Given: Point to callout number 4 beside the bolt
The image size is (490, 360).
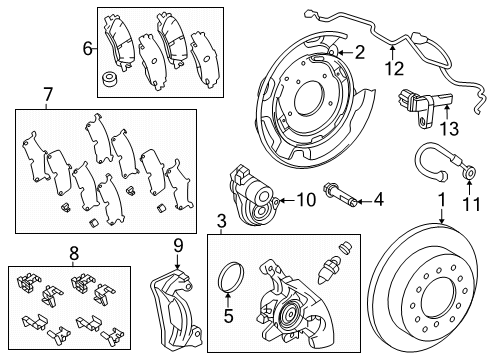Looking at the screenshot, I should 378,201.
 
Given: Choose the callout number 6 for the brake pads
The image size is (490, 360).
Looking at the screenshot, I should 87,47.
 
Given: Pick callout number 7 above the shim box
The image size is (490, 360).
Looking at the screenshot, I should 47,96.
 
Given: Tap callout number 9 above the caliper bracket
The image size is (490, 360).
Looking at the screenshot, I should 179,245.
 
